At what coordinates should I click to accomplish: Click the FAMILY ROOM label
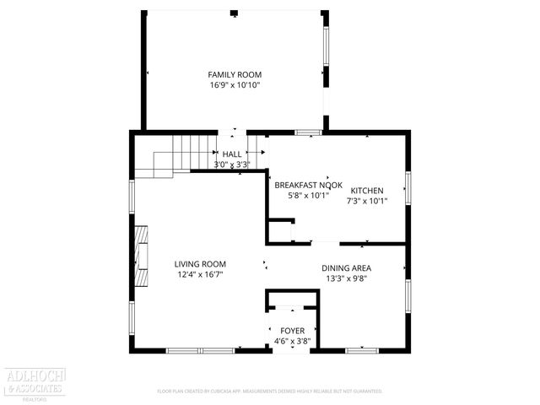point(235,74)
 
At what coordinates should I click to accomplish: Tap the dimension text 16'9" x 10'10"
point(235,85)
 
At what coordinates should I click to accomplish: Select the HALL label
point(232,154)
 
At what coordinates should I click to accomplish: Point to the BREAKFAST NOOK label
point(301,184)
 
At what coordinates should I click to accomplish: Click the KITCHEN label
point(367,191)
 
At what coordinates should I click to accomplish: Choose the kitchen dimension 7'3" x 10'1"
point(367,202)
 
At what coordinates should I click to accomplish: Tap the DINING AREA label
point(347,268)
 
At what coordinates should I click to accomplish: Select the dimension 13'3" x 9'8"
point(347,279)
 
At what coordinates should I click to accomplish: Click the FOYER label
point(292,330)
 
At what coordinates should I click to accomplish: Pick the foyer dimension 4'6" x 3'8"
point(292,341)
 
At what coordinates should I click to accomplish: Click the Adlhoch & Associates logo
point(34,385)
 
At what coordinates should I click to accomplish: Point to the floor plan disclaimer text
point(270,391)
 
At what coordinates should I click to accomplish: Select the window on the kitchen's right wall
point(408,187)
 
